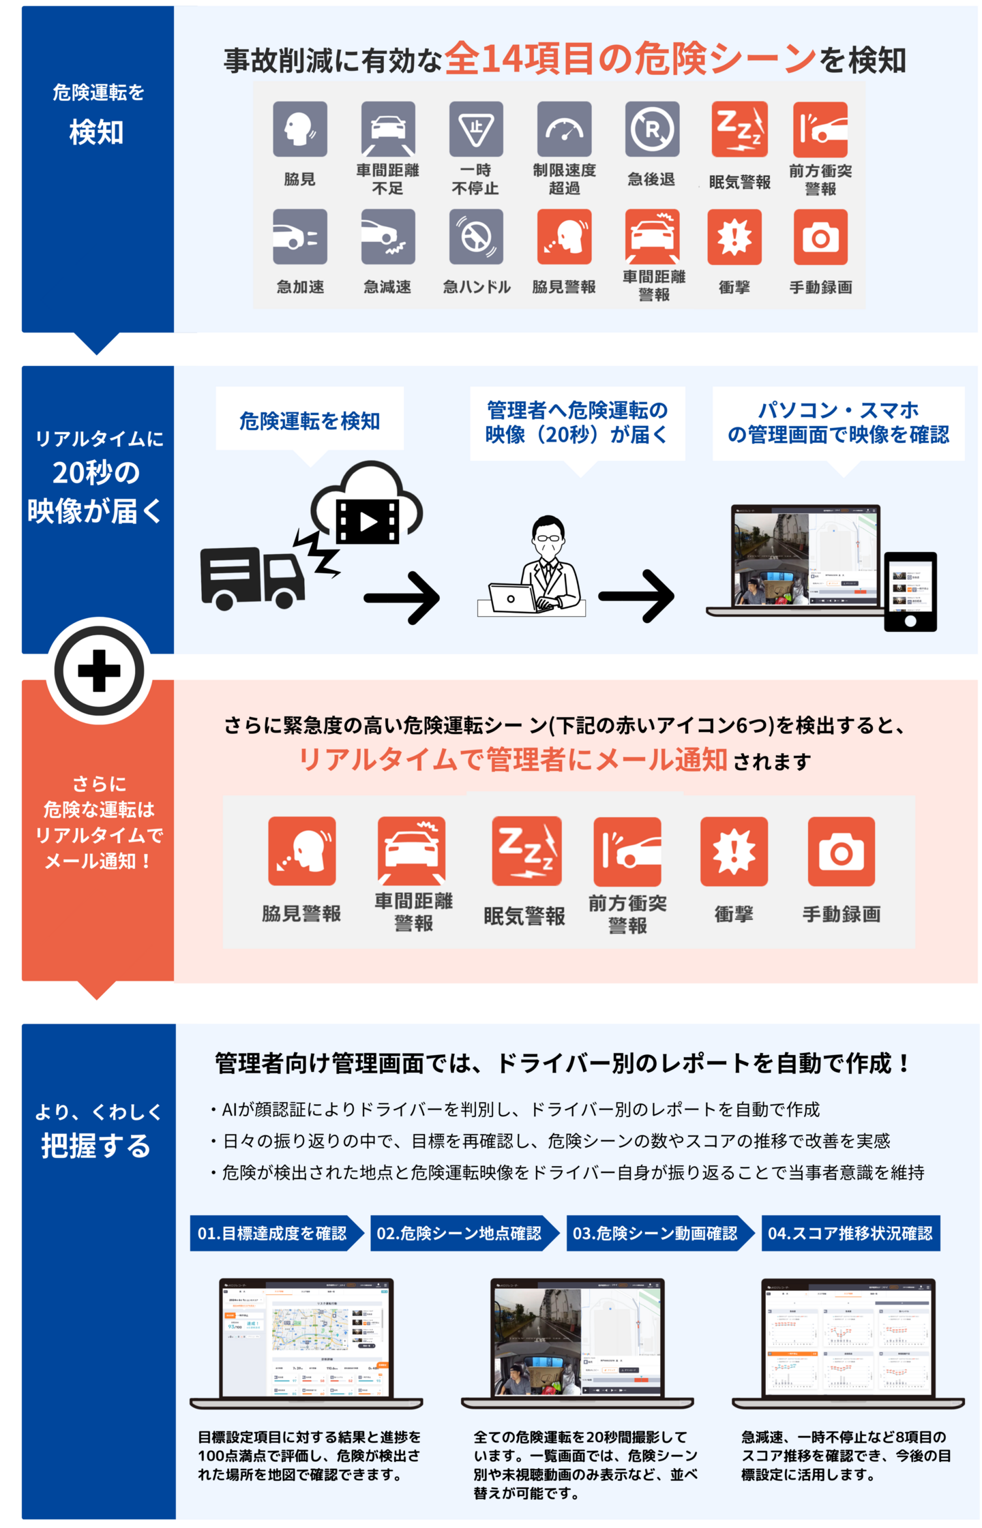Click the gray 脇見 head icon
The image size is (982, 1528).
coord(300,129)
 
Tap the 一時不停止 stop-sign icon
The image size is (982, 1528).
coord(476,129)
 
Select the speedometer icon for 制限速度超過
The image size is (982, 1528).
coord(564,129)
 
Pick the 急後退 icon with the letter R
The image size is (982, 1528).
coord(652,129)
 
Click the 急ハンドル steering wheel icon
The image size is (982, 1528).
coord(476,236)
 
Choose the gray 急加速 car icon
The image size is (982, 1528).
coord(300,236)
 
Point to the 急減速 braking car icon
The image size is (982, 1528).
coord(388,236)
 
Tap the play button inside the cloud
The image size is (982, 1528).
coord(368,521)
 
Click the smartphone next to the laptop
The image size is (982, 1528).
coord(910,592)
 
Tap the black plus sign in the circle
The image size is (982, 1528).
coord(100,671)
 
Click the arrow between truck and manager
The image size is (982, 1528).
coord(402,598)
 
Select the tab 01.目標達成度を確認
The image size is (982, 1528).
coord(273,1234)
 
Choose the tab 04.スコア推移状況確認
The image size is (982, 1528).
coord(850,1234)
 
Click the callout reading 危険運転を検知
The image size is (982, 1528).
coord(310,421)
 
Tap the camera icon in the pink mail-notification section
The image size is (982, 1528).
coord(841,852)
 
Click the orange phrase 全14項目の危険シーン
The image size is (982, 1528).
coord(630,59)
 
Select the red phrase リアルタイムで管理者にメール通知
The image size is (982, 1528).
coord(513,759)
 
